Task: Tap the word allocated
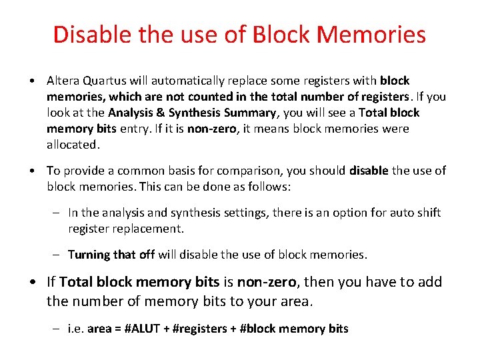72,145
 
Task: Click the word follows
268,187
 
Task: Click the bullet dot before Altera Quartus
32,81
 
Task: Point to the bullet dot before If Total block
32,282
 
